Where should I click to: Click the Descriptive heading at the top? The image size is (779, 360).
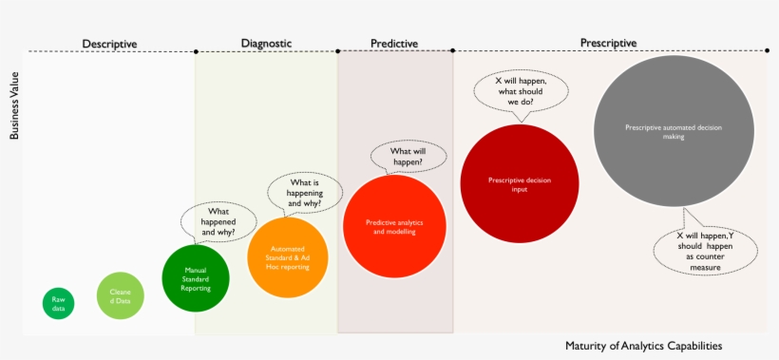(x=109, y=44)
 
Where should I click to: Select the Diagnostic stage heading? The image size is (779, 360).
(x=266, y=43)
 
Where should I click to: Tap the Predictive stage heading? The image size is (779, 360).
(x=393, y=44)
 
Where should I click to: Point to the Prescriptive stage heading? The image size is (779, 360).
(x=608, y=43)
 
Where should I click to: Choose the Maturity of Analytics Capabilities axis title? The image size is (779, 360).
(x=650, y=346)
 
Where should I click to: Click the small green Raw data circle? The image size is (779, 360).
(x=58, y=303)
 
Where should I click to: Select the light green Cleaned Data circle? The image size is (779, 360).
(x=121, y=294)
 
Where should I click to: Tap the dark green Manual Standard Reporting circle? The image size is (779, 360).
(x=196, y=278)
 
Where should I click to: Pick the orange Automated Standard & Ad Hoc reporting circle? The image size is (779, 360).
(x=287, y=257)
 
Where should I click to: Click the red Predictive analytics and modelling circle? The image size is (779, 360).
(x=394, y=226)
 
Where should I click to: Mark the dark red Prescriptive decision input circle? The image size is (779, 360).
(x=519, y=183)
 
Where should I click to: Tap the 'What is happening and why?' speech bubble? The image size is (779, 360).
(x=304, y=192)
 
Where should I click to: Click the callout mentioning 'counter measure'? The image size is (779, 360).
(x=705, y=251)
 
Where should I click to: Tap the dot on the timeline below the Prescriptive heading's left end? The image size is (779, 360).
(x=452, y=50)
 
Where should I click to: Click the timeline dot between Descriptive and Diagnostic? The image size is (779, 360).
(x=195, y=50)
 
